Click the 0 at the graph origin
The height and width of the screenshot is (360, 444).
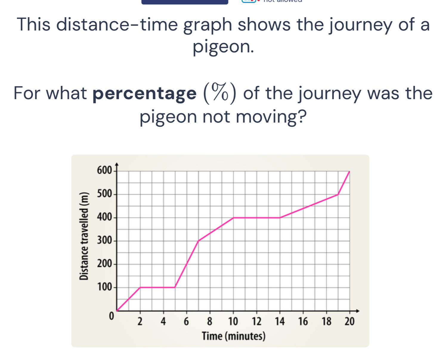click(x=111, y=316)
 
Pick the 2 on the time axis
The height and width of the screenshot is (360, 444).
click(x=140, y=322)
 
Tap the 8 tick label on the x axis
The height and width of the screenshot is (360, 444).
click(x=210, y=322)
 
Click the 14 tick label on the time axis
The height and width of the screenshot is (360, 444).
click(x=280, y=322)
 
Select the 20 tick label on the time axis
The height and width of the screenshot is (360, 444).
click(x=349, y=322)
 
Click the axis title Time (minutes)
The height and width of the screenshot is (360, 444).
click(x=233, y=336)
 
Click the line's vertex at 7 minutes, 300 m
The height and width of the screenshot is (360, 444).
click(x=198, y=241)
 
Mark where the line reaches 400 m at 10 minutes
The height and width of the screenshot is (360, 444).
click(x=233, y=218)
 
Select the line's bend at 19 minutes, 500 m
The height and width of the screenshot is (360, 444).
click(x=338, y=194)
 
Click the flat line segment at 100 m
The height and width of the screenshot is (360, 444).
click(x=157, y=288)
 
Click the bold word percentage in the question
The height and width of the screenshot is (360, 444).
click(x=144, y=94)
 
